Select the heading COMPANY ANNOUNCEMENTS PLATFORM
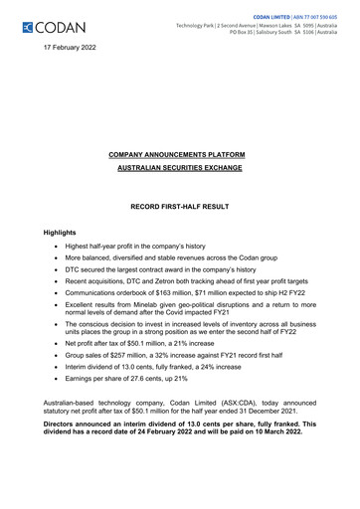(179, 156)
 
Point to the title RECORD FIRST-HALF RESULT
(179, 211)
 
